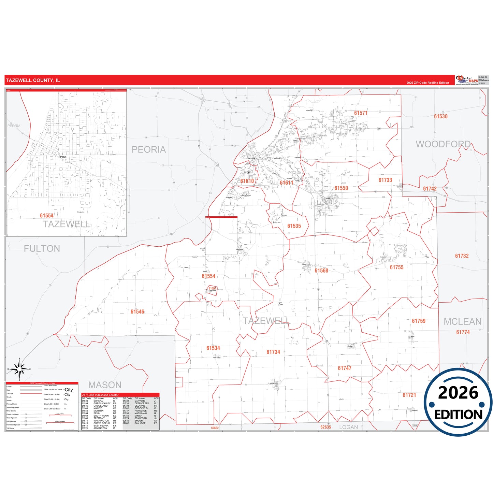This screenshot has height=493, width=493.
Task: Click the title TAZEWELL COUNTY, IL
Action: [33, 81]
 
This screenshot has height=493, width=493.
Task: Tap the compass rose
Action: [19, 369]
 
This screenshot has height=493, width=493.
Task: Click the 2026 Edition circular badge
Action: [458, 402]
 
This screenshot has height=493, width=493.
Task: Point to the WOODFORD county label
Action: [443, 144]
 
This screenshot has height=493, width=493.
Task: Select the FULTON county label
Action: [42, 249]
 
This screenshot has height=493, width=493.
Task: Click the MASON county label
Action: [105, 385]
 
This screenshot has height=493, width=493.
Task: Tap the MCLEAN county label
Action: [462, 322]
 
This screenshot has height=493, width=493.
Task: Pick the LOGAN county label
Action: [348, 427]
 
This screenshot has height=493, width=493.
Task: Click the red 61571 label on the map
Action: [361, 113]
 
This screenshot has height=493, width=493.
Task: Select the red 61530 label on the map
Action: [440, 116]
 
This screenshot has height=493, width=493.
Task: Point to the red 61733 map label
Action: [385, 180]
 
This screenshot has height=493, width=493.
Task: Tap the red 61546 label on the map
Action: [137, 312]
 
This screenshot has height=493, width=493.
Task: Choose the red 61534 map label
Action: [213, 348]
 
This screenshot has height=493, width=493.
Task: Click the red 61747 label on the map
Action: [345, 368]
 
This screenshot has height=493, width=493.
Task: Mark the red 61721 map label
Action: [409, 395]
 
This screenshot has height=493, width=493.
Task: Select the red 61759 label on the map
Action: [419, 321]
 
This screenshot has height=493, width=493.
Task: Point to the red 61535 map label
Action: [294, 226]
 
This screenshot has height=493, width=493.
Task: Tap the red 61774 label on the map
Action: [463, 332]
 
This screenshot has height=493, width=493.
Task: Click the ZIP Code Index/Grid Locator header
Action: [100, 395]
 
